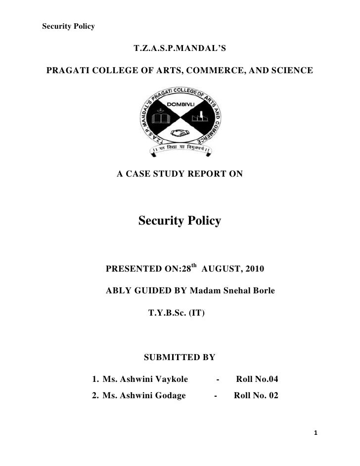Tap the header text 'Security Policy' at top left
(x=68, y=26)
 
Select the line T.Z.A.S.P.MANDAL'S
(x=180, y=49)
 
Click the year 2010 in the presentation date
(x=254, y=270)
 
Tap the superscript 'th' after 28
(x=194, y=267)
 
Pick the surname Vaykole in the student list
(x=166, y=380)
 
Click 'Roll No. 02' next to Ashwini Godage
(x=256, y=395)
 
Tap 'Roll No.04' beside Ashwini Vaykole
(x=257, y=380)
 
